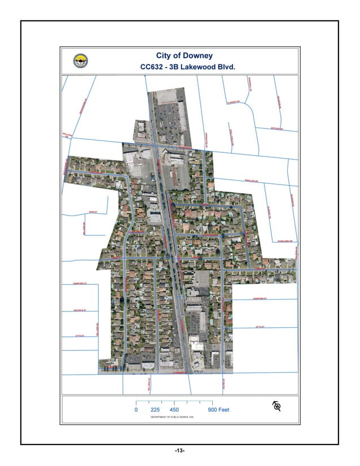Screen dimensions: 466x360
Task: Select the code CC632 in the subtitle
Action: tap(151, 67)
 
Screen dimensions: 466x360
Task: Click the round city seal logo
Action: tap(81, 61)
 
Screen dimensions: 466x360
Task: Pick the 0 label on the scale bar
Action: tap(136, 410)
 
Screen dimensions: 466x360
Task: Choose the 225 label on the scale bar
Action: tap(155, 410)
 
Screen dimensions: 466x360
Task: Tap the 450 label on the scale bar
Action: tap(174, 410)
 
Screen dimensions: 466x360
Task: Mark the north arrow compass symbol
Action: tap(277, 406)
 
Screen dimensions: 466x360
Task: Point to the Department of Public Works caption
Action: tap(175, 418)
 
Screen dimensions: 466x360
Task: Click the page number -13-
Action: tap(179, 451)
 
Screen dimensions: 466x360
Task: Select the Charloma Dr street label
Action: tap(286, 241)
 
